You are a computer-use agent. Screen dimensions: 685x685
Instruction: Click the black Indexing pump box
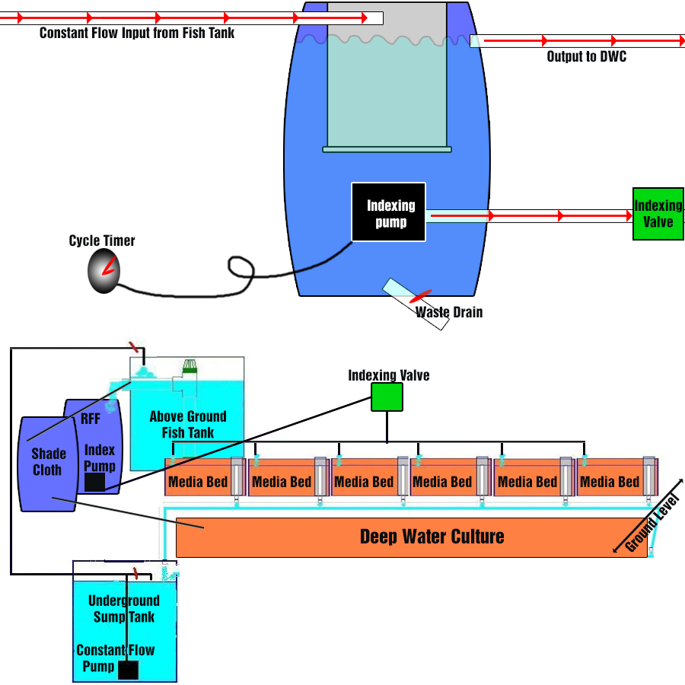388,212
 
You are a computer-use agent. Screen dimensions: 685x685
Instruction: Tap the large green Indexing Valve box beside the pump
658,214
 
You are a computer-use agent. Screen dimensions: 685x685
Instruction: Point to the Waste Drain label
449,312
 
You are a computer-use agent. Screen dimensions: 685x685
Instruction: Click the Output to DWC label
587,56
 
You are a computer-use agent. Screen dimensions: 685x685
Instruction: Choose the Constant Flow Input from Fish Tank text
137,33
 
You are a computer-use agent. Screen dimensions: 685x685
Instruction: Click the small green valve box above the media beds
387,397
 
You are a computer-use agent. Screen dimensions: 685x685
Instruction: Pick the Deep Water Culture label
432,537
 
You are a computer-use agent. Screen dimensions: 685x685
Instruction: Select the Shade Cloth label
47,461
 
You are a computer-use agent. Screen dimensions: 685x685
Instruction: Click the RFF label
91,419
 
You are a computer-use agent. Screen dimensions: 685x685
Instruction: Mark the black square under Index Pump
94,483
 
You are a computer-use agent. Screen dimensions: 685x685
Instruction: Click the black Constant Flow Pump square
129,670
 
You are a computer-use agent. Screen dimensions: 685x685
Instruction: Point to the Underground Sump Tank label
124,609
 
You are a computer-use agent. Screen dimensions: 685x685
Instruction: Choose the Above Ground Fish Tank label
188,425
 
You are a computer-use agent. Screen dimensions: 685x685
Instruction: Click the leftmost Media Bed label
197,482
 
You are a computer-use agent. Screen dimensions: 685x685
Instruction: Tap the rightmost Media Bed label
609,482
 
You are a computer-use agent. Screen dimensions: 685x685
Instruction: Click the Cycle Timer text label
102,241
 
